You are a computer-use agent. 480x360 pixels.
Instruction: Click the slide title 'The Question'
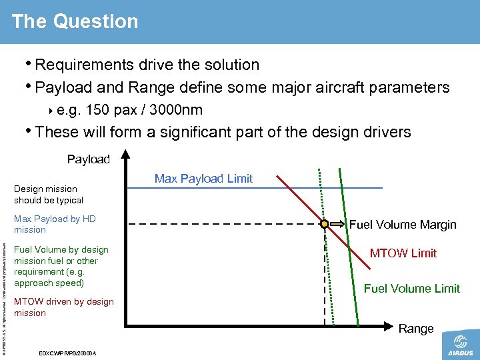(x=75, y=21)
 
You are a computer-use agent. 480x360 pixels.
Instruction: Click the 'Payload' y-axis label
(x=88, y=159)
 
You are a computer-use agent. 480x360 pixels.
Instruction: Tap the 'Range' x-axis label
(x=416, y=329)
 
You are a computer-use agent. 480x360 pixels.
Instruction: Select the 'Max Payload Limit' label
(x=203, y=178)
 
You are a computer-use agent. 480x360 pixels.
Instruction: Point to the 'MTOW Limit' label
(x=403, y=253)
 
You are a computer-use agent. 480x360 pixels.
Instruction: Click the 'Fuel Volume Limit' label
(x=411, y=289)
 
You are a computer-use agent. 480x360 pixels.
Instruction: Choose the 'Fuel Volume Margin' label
(x=403, y=225)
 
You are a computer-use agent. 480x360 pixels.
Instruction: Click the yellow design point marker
(x=324, y=225)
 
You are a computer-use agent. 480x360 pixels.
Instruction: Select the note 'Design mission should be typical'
(x=49, y=195)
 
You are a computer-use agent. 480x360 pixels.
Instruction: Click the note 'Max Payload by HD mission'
(x=55, y=224)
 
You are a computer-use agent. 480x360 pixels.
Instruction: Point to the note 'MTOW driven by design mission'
(x=63, y=307)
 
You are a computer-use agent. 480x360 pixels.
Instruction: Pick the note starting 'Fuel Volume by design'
(x=61, y=266)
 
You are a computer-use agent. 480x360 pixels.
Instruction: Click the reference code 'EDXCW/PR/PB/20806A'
(x=69, y=353)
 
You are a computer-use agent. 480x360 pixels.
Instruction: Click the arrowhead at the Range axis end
(x=392, y=326)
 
